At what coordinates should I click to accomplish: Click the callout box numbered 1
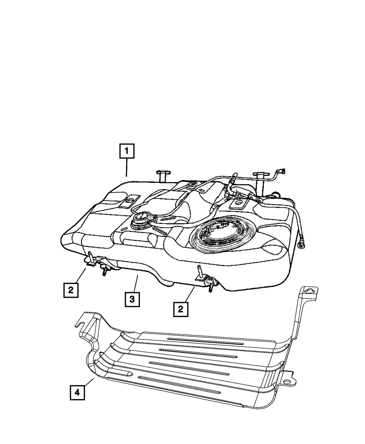127,151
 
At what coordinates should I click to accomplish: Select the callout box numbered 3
132,300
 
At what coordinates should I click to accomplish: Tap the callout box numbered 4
77,393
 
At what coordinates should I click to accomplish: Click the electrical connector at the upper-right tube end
281,170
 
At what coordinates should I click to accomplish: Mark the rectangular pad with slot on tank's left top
130,201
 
